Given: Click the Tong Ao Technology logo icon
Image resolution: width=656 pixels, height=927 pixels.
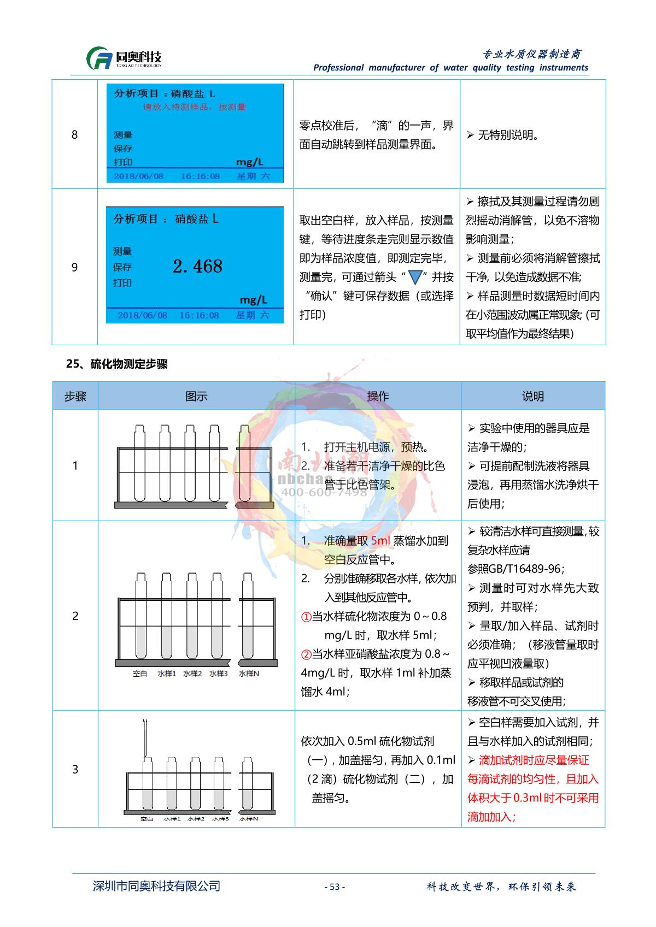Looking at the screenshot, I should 99,58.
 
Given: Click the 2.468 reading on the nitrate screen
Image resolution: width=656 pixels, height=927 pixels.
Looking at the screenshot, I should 197,266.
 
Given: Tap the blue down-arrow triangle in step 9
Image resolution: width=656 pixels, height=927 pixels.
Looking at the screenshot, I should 415,277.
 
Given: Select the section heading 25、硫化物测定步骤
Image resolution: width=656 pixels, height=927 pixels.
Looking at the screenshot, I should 116,364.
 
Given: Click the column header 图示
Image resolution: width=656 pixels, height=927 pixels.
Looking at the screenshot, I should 196,396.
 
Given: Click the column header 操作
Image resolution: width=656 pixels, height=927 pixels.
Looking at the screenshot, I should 378,396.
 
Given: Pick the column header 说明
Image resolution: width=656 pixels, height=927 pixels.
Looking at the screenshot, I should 533,396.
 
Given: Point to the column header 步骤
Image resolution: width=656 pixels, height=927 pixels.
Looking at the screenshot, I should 75,396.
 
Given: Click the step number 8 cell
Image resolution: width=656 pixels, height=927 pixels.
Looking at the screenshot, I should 75,135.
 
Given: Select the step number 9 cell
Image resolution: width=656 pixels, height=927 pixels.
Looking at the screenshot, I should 75,267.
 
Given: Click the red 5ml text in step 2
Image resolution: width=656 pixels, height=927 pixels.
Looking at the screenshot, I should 380,541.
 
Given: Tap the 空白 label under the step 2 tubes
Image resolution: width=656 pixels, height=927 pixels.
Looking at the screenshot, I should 140,674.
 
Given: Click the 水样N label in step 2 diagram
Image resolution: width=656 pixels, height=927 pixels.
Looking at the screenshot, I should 249,674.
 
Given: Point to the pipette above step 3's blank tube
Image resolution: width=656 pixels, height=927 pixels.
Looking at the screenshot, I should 145,737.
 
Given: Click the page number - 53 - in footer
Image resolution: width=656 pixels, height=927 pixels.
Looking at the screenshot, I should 335,887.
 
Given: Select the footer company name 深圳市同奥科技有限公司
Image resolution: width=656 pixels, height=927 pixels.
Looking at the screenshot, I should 157,886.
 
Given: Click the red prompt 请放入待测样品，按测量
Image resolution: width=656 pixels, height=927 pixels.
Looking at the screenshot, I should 194,107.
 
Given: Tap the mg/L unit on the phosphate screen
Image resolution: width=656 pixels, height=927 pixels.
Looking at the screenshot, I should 249,162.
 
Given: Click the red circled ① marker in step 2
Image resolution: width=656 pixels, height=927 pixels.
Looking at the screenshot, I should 306,617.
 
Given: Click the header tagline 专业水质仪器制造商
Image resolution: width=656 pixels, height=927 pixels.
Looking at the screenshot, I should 532,54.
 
